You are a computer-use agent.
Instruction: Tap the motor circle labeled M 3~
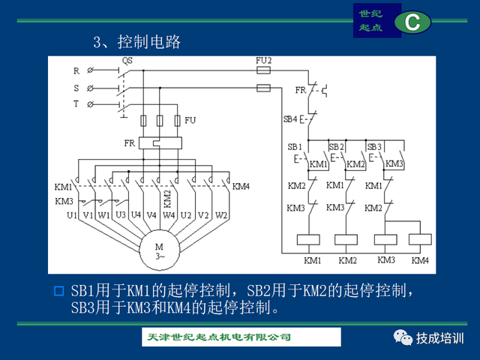(159, 250)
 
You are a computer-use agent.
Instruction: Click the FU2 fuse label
(264, 60)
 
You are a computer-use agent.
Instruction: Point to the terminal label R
(76, 71)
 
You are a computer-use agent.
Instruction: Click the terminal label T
(76, 103)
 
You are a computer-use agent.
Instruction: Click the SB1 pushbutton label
(295, 146)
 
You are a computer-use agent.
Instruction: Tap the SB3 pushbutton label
(375, 146)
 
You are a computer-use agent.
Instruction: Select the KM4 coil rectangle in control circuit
(419, 241)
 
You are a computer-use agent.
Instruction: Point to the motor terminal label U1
(72, 216)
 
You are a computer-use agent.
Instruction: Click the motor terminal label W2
(221, 216)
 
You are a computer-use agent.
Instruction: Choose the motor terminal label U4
(136, 216)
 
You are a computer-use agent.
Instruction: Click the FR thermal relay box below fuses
(159, 142)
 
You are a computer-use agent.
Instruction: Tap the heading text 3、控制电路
(136, 42)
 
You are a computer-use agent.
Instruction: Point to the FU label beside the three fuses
(190, 120)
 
